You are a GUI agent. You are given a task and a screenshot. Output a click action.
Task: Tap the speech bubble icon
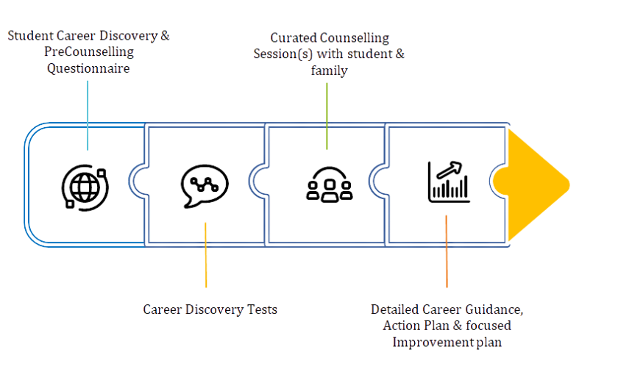click(205, 183)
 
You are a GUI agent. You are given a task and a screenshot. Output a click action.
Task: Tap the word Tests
click(263, 309)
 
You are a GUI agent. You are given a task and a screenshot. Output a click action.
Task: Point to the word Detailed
click(394, 309)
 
